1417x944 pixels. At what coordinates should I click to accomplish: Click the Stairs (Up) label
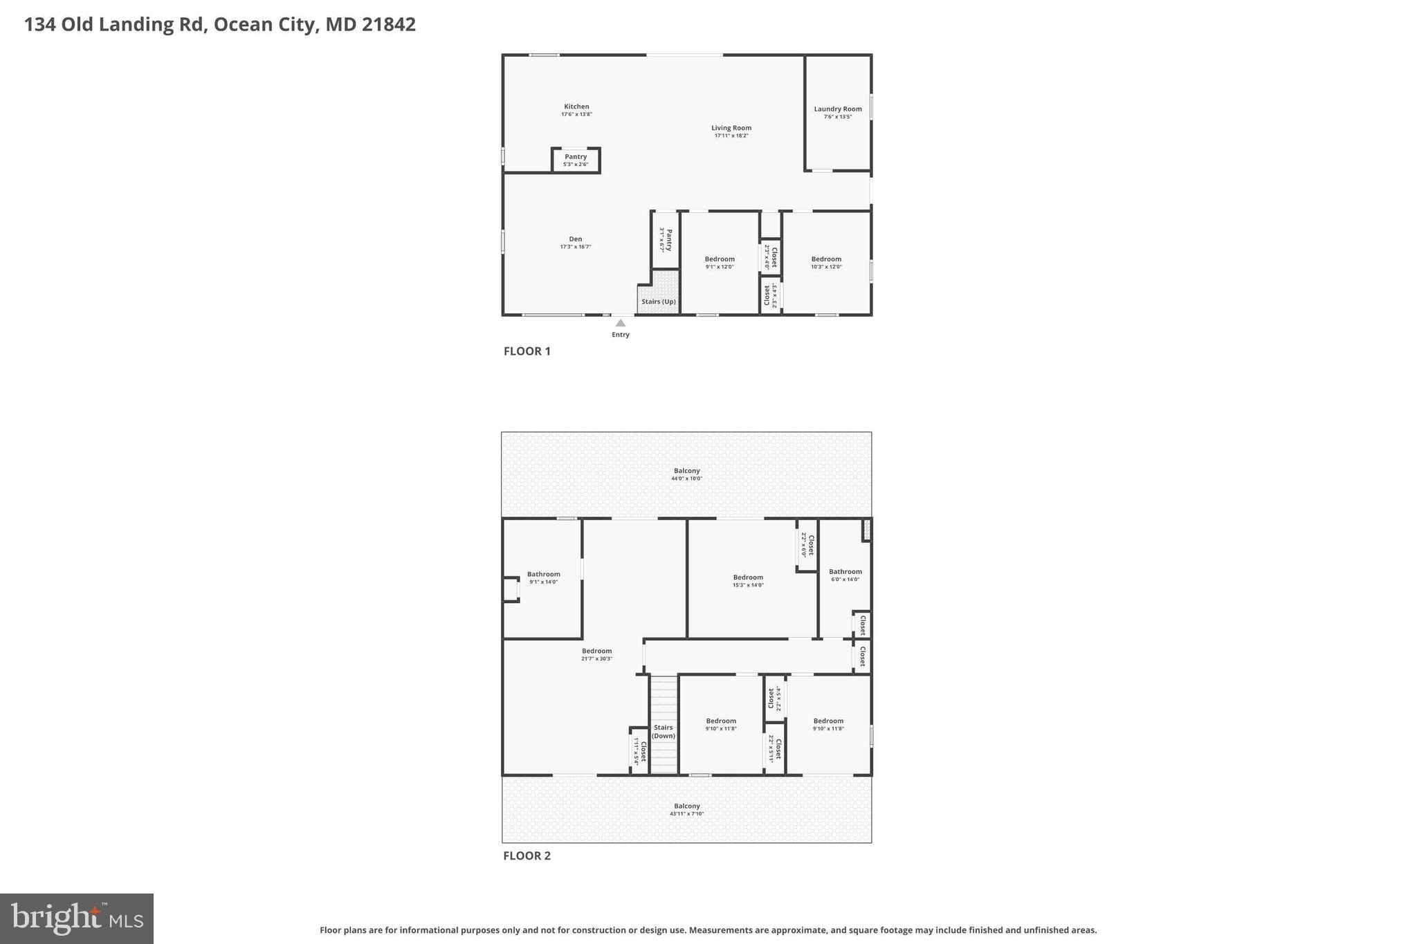point(659,302)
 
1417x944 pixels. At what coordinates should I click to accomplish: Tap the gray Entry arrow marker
point(621,323)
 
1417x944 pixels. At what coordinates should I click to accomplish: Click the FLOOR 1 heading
point(527,351)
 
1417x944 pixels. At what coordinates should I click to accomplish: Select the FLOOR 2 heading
point(527,855)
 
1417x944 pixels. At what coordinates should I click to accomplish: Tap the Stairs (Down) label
point(664,732)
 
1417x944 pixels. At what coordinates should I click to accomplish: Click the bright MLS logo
point(77,918)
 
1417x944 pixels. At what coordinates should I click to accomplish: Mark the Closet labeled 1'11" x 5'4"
point(639,751)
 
